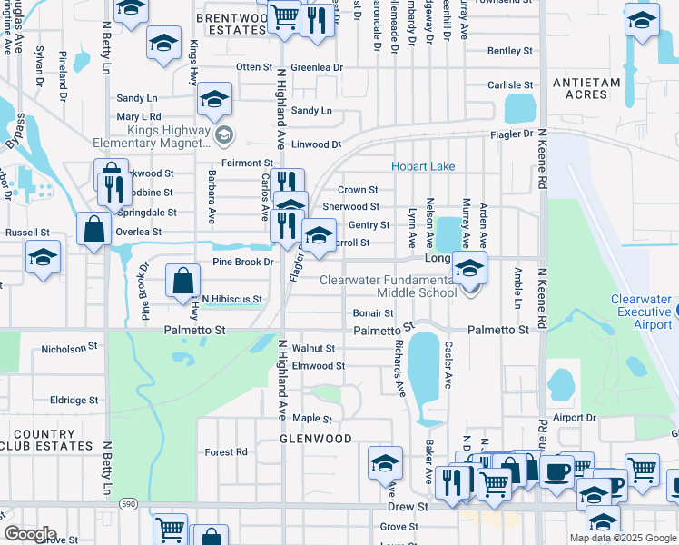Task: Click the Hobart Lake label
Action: (x=423, y=167)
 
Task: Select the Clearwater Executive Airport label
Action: (x=641, y=312)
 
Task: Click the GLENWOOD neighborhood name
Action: (x=315, y=439)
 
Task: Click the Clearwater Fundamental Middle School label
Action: (x=389, y=286)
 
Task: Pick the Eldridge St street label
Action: (x=74, y=400)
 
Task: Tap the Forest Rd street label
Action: (x=226, y=451)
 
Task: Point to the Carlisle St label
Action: (x=509, y=85)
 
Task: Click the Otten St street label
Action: (x=254, y=67)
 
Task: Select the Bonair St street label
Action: (x=372, y=313)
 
